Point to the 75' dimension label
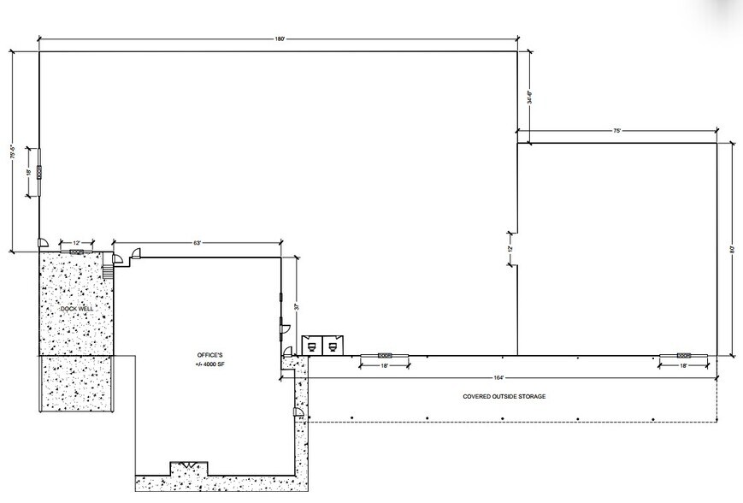pyautogui.click(x=616, y=130)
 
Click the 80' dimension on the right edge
pyautogui.click(x=731, y=249)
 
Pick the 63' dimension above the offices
pyautogui.click(x=197, y=244)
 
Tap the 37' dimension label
pyautogui.click(x=296, y=305)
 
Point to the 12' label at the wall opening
pyautogui.click(x=509, y=248)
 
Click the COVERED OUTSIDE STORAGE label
pyautogui.click(x=504, y=396)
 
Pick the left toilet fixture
pyautogui.click(x=313, y=346)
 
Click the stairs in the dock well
pyautogui.click(x=108, y=271)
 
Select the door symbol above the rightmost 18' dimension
pyautogui.click(x=683, y=355)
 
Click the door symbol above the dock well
pyautogui.click(x=76, y=251)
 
